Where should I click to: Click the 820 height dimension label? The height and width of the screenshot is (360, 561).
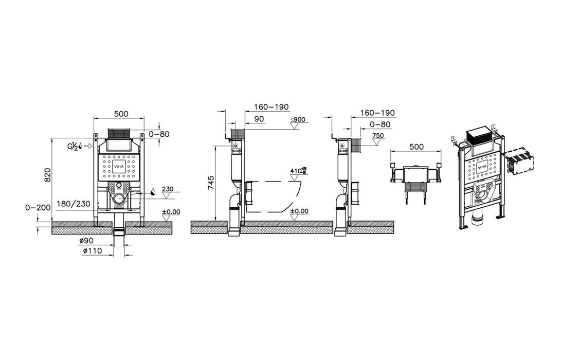click(x=47, y=177)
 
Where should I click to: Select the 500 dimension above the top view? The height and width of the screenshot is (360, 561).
click(x=417, y=147)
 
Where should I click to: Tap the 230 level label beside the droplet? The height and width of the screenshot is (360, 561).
click(x=168, y=189)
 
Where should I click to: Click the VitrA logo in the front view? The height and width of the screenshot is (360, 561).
click(x=118, y=167)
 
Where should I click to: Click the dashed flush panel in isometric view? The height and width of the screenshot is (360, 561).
click(x=519, y=163)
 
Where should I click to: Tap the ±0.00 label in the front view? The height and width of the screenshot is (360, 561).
click(x=170, y=212)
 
